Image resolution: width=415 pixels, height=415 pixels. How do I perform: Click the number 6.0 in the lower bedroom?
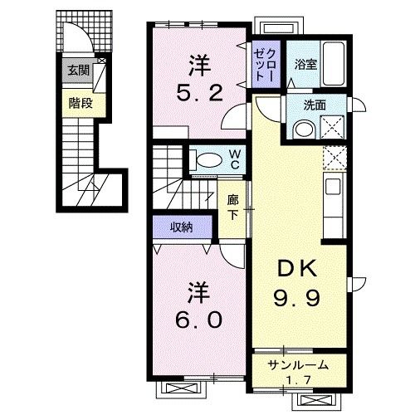198,318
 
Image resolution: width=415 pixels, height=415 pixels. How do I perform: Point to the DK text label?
293,271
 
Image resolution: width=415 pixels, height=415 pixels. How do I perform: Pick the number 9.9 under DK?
293,296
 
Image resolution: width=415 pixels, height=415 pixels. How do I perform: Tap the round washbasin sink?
302,129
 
